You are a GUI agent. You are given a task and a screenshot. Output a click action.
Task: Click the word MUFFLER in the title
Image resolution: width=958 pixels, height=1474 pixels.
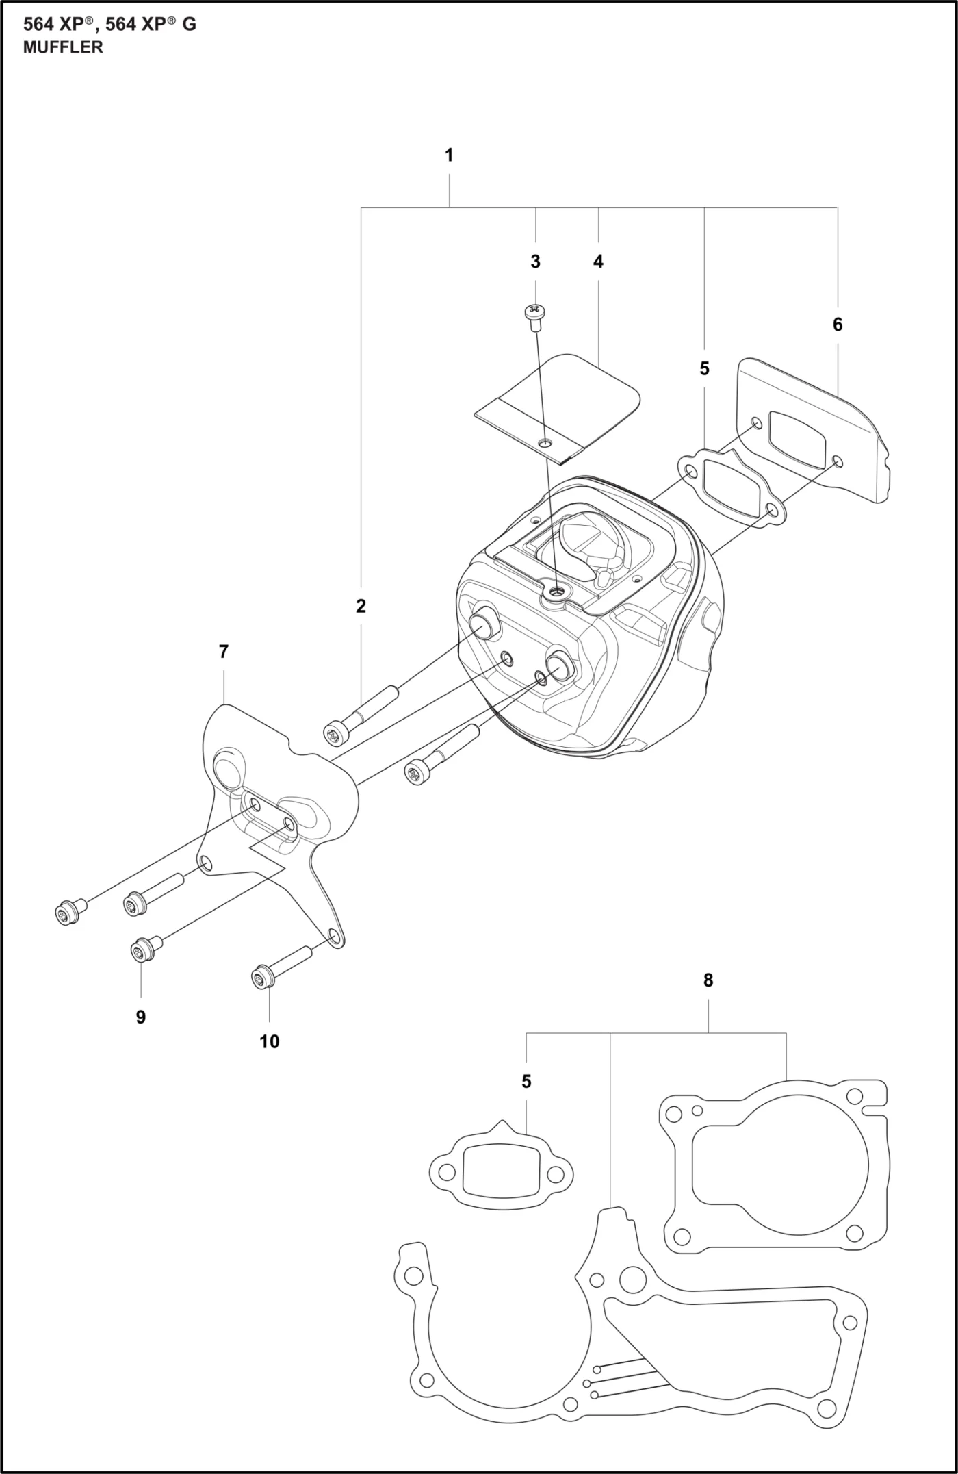[63, 47]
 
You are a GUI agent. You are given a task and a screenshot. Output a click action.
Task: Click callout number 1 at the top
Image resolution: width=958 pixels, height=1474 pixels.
[449, 155]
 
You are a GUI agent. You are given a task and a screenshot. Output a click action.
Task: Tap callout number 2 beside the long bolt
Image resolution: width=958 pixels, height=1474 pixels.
[361, 606]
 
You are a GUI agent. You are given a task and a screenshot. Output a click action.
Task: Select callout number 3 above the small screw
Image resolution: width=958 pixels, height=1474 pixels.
[535, 262]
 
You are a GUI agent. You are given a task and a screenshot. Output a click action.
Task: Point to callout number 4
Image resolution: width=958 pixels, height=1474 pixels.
[598, 262]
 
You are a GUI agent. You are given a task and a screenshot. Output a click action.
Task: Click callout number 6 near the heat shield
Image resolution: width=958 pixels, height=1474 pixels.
[838, 325]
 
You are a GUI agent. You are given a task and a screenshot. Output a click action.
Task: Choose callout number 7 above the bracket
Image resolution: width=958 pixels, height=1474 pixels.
[223, 652]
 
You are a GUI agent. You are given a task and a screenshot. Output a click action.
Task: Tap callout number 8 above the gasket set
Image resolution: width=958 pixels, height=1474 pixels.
[708, 980]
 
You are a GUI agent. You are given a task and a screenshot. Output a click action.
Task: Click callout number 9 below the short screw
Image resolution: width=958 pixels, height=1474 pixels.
[141, 1017]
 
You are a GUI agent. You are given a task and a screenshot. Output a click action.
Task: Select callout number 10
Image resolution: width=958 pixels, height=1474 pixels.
[269, 1041]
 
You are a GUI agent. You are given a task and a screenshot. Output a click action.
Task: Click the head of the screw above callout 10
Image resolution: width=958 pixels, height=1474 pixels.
[261, 977]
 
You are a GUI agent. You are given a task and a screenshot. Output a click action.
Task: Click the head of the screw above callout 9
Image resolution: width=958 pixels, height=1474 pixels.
[142, 950]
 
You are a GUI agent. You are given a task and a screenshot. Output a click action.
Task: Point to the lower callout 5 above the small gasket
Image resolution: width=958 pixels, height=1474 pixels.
[526, 1082]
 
